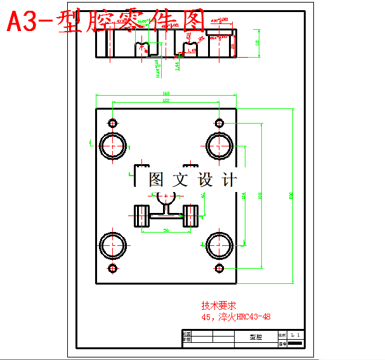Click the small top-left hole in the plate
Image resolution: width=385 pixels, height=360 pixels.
coord(113,122)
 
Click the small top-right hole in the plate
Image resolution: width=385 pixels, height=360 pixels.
coord(219,122)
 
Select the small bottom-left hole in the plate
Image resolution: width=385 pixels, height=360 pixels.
coord(113,269)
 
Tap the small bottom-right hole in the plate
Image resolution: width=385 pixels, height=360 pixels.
coord(219,269)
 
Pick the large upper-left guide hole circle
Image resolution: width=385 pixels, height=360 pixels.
coord(112,145)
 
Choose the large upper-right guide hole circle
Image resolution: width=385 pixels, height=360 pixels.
coord(219,145)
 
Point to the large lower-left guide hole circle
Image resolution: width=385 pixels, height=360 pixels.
coord(112,244)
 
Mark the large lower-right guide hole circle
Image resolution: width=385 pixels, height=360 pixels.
coord(219,244)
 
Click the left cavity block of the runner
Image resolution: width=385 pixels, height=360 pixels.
coord(141,217)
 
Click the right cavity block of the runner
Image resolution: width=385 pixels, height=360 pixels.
coord(191,217)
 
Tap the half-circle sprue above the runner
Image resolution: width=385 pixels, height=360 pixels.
coord(166,197)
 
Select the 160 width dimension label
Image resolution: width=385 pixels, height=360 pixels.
coord(166,94)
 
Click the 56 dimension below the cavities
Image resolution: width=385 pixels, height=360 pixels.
coord(166,231)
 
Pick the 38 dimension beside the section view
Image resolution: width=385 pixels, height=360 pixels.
coord(257,42)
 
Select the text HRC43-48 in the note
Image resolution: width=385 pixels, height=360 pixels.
coord(253,316)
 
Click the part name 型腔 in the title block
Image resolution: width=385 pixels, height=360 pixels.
coord(252,339)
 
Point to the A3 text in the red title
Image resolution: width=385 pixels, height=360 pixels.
coord(23,23)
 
